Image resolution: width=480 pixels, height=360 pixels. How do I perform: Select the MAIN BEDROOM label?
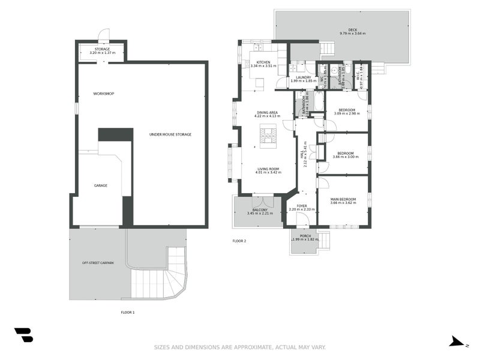point(343,199)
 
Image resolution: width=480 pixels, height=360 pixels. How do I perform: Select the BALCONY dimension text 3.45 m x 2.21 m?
point(259,213)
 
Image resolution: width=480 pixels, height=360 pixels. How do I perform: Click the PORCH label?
point(305,236)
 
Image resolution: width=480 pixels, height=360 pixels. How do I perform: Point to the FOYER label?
point(301,205)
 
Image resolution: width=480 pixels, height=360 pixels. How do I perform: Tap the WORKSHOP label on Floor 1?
point(103,94)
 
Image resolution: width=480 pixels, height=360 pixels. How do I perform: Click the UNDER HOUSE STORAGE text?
point(170,134)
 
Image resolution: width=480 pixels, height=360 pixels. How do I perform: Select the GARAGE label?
point(100,185)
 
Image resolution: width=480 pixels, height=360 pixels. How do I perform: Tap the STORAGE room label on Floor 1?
point(101,49)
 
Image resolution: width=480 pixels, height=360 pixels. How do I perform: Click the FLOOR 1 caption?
point(128,313)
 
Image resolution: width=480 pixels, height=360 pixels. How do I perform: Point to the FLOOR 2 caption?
point(239,241)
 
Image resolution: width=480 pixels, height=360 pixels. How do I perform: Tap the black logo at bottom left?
point(23,335)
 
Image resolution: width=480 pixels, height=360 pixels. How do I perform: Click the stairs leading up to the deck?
point(327,49)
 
